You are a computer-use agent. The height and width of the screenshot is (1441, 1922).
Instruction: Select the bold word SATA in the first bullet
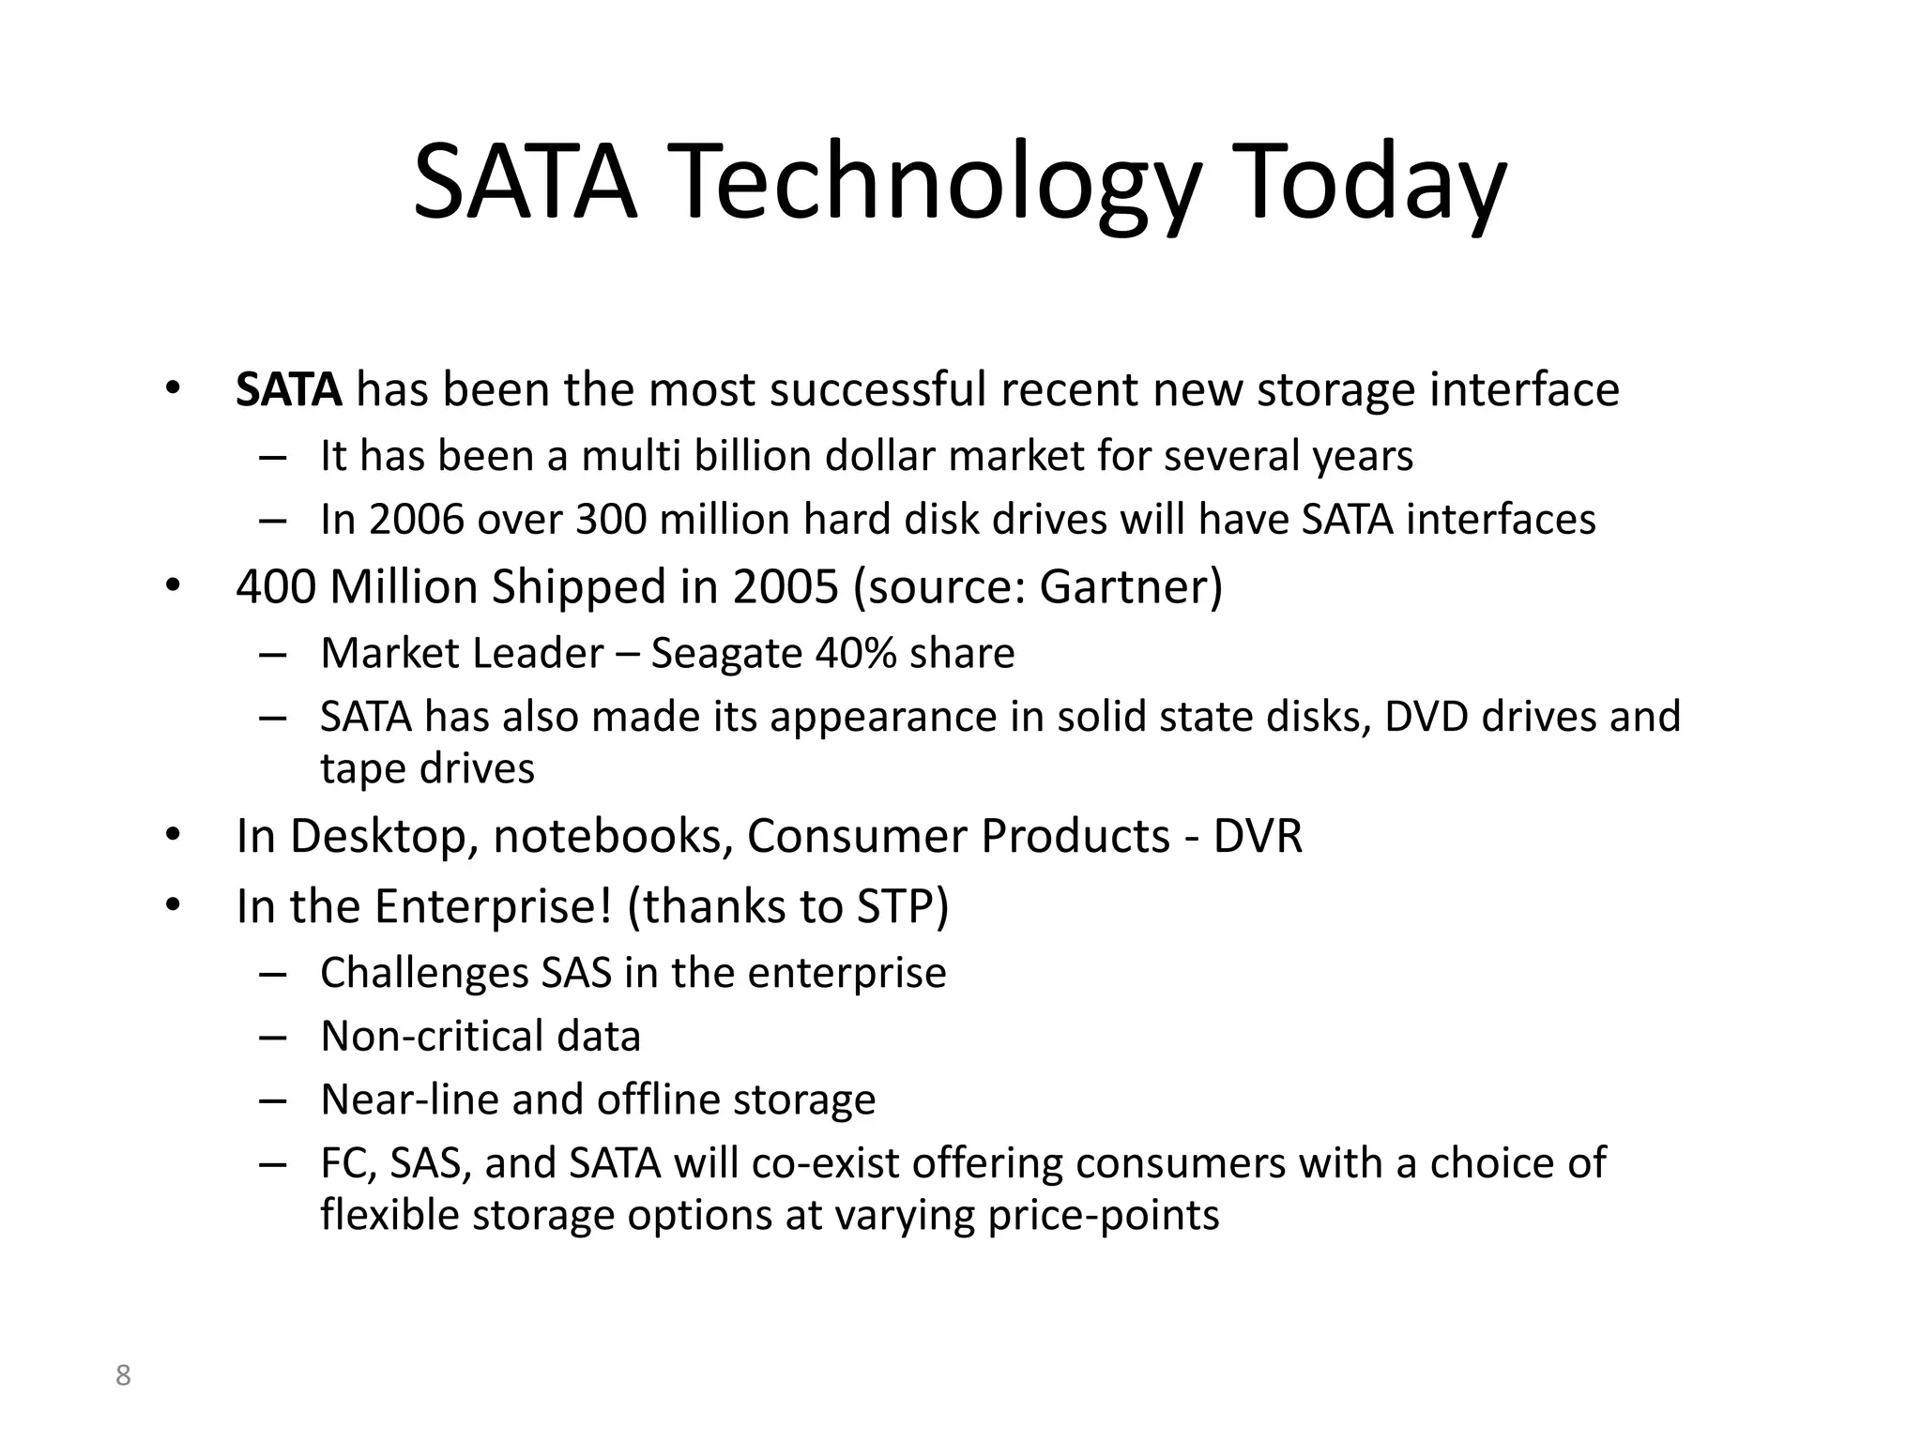[288, 389]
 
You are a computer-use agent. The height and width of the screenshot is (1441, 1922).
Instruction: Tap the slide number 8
[123, 1376]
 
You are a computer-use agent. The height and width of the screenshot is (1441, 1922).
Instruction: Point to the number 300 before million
[611, 520]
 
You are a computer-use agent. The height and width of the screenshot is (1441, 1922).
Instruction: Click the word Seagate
[726, 653]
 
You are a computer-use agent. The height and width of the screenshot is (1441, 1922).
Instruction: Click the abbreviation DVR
[1258, 836]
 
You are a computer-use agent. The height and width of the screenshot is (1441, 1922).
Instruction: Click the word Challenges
[424, 973]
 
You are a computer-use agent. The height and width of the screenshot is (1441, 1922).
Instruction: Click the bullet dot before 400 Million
[172, 586]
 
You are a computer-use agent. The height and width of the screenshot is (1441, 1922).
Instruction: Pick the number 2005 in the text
[786, 586]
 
